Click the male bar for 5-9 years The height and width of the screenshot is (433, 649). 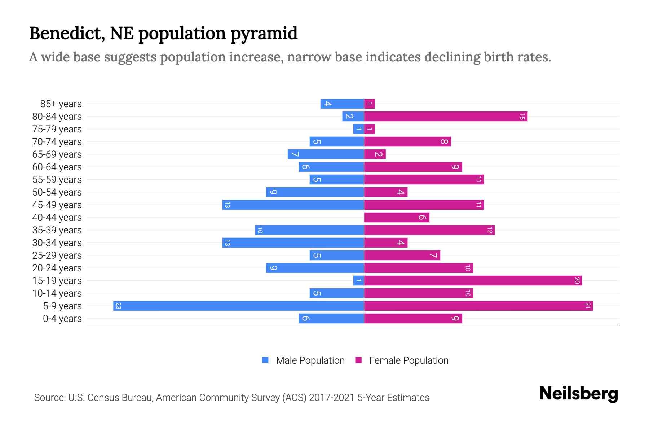(238, 306)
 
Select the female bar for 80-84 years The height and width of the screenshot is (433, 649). (446, 117)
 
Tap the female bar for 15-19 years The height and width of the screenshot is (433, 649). (473, 281)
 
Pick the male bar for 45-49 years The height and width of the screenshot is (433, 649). (293, 205)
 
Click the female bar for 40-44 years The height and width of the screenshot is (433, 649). (397, 218)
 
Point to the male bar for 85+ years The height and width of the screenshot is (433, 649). (342, 104)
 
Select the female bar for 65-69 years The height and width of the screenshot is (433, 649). (375, 154)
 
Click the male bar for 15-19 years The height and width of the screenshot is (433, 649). (358, 281)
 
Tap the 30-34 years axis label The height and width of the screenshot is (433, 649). (57, 243)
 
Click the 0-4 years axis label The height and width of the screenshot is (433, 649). (62, 319)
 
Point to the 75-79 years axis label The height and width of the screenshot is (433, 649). (57, 129)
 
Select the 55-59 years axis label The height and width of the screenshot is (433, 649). (57, 180)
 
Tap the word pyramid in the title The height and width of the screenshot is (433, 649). (264, 34)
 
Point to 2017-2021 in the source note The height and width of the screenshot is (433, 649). (332, 398)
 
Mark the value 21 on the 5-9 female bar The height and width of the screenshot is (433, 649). (588, 306)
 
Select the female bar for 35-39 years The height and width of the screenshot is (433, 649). (429, 230)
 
